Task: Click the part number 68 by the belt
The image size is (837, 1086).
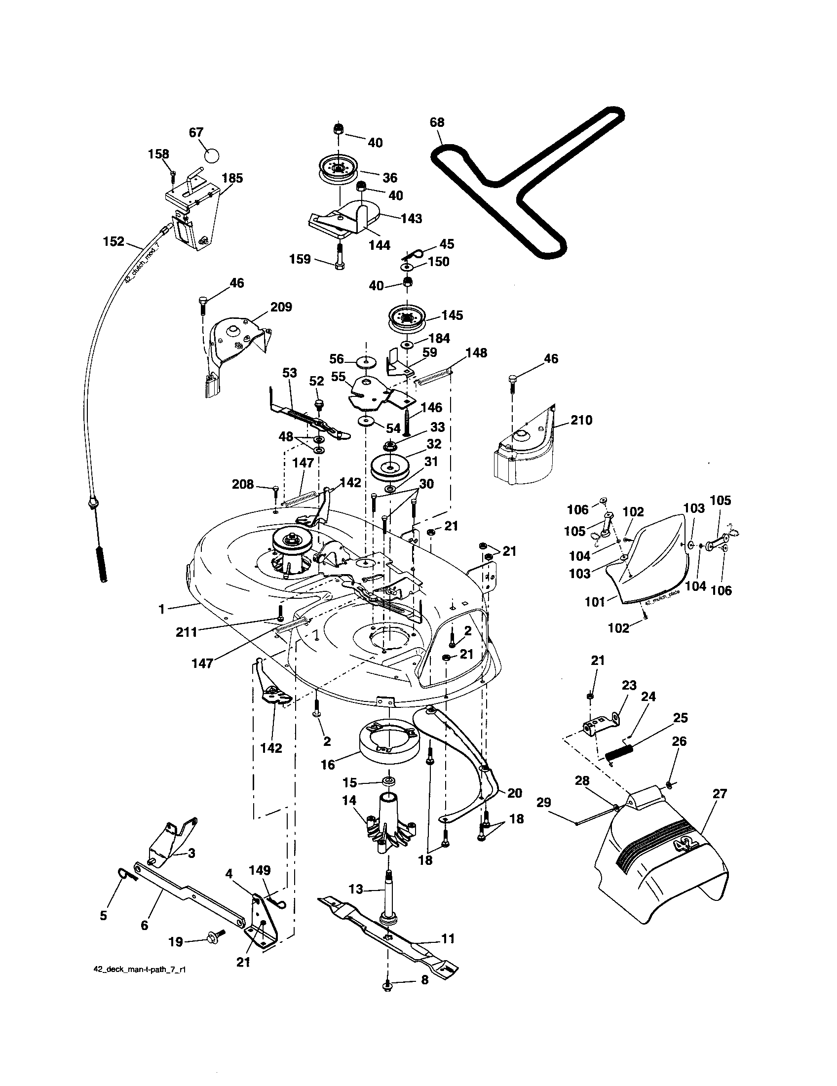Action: coord(437,122)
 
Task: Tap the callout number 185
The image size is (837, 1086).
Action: coord(232,178)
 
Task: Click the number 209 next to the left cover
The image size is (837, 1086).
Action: coord(281,307)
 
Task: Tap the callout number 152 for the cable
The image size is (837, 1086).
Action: coord(114,242)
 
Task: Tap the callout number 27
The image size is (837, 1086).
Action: coord(720,794)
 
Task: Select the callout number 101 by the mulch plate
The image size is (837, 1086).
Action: coord(595,602)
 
